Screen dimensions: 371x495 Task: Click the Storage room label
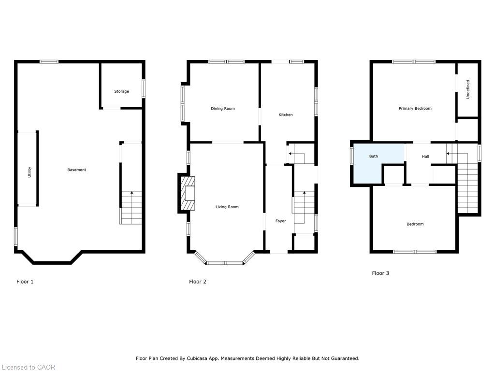(x=121, y=91)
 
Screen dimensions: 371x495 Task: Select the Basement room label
(x=76, y=170)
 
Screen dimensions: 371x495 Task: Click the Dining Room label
(x=223, y=109)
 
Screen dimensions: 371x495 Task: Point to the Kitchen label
(x=286, y=115)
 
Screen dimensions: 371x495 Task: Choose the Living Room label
(x=227, y=207)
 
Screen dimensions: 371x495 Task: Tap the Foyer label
(x=281, y=221)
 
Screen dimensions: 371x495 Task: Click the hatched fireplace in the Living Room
(x=188, y=193)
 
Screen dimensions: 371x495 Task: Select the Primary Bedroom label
(x=415, y=109)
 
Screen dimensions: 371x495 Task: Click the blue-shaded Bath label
(x=374, y=157)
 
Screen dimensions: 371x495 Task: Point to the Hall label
(x=425, y=157)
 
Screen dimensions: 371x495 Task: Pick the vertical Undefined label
(x=468, y=90)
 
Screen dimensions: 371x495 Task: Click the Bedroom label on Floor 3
(x=415, y=224)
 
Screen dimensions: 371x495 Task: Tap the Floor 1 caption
(x=25, y=282)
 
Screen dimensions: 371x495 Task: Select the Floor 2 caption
(x=198, y=282)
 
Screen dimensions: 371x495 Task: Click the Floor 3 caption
(x=380, y=273)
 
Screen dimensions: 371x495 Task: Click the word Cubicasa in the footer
(x=221, y=358)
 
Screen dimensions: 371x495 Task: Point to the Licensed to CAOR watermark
(x=28, y=367)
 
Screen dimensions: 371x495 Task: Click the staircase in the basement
(x=131, y=208)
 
